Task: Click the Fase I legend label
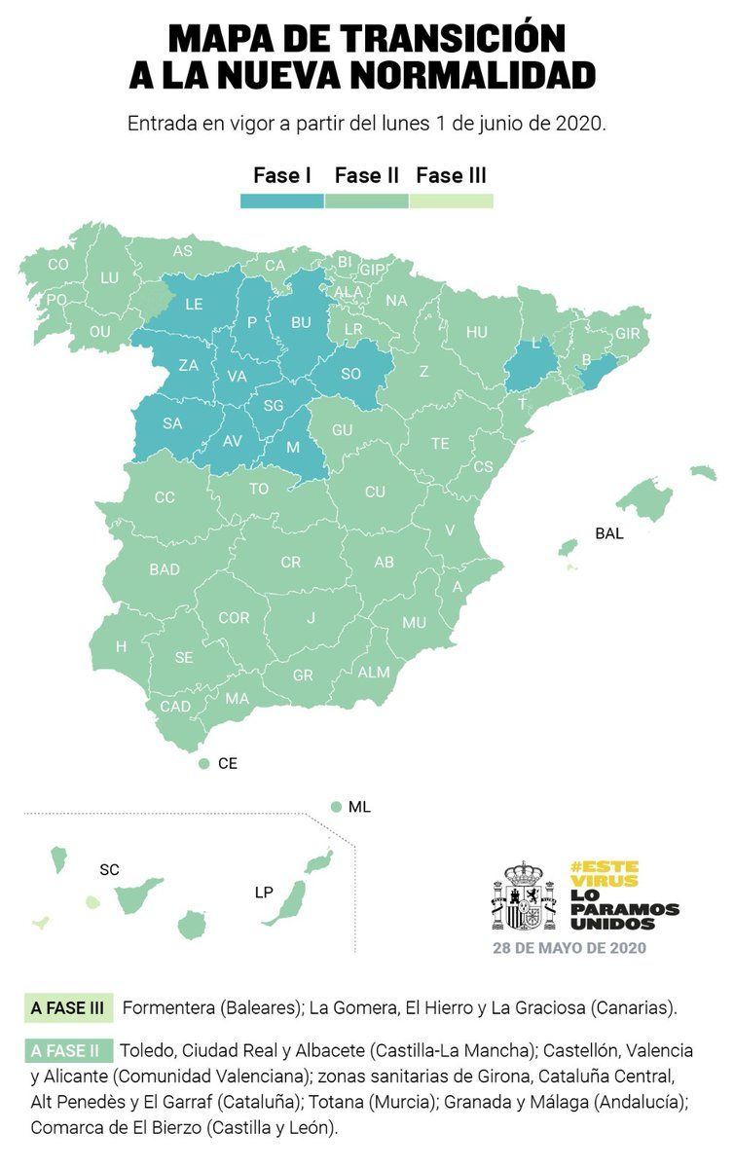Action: (x=281, y=176)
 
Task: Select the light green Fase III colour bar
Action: (x=451, y=201)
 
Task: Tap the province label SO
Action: (x=350, y=373)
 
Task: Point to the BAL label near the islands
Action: (x=608, y=533)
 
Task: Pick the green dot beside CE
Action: (x=204, y=764)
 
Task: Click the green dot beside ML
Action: (x=335, y=807)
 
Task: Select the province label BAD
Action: (x=165, y=569)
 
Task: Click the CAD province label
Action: (x=175, y=706)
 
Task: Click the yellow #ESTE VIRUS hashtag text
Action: (x=605, y=873)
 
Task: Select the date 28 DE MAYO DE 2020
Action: (x=569, y=947)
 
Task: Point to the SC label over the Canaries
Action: (x=109, y=869)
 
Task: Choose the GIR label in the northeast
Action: (x=629, y=333)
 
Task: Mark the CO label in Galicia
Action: (x=58, y=264)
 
